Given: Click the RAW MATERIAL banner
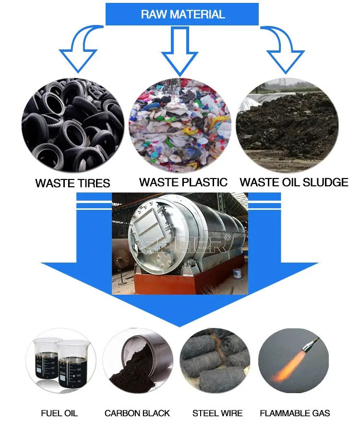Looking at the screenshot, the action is pos(182,14).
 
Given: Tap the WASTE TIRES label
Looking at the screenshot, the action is pos(72,183).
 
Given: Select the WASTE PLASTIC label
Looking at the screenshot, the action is pos(183,182).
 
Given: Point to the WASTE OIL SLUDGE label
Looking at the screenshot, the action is pos(294,182).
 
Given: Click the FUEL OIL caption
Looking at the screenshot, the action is pos(60,413).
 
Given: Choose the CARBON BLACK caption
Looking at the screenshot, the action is pos(137,413).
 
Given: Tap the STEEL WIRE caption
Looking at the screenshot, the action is pos(217,413).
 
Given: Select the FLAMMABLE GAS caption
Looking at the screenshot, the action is pos(295,413).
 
